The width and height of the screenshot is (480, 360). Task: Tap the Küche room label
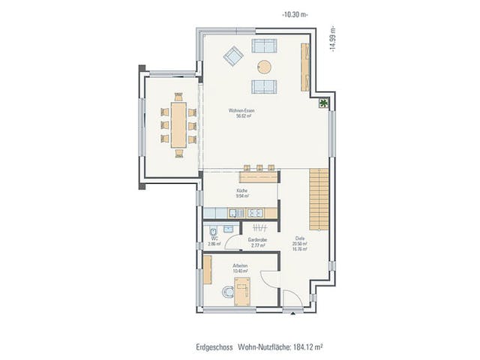(242, 192)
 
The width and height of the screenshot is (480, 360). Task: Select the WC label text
(214, 240)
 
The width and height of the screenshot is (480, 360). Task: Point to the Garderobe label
(259, 241)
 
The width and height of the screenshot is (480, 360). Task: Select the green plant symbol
(323, 103)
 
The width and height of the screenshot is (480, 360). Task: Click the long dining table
(178, 125)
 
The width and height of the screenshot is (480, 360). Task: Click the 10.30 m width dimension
(293, 14)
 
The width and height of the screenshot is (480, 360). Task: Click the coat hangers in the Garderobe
(257, 227)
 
